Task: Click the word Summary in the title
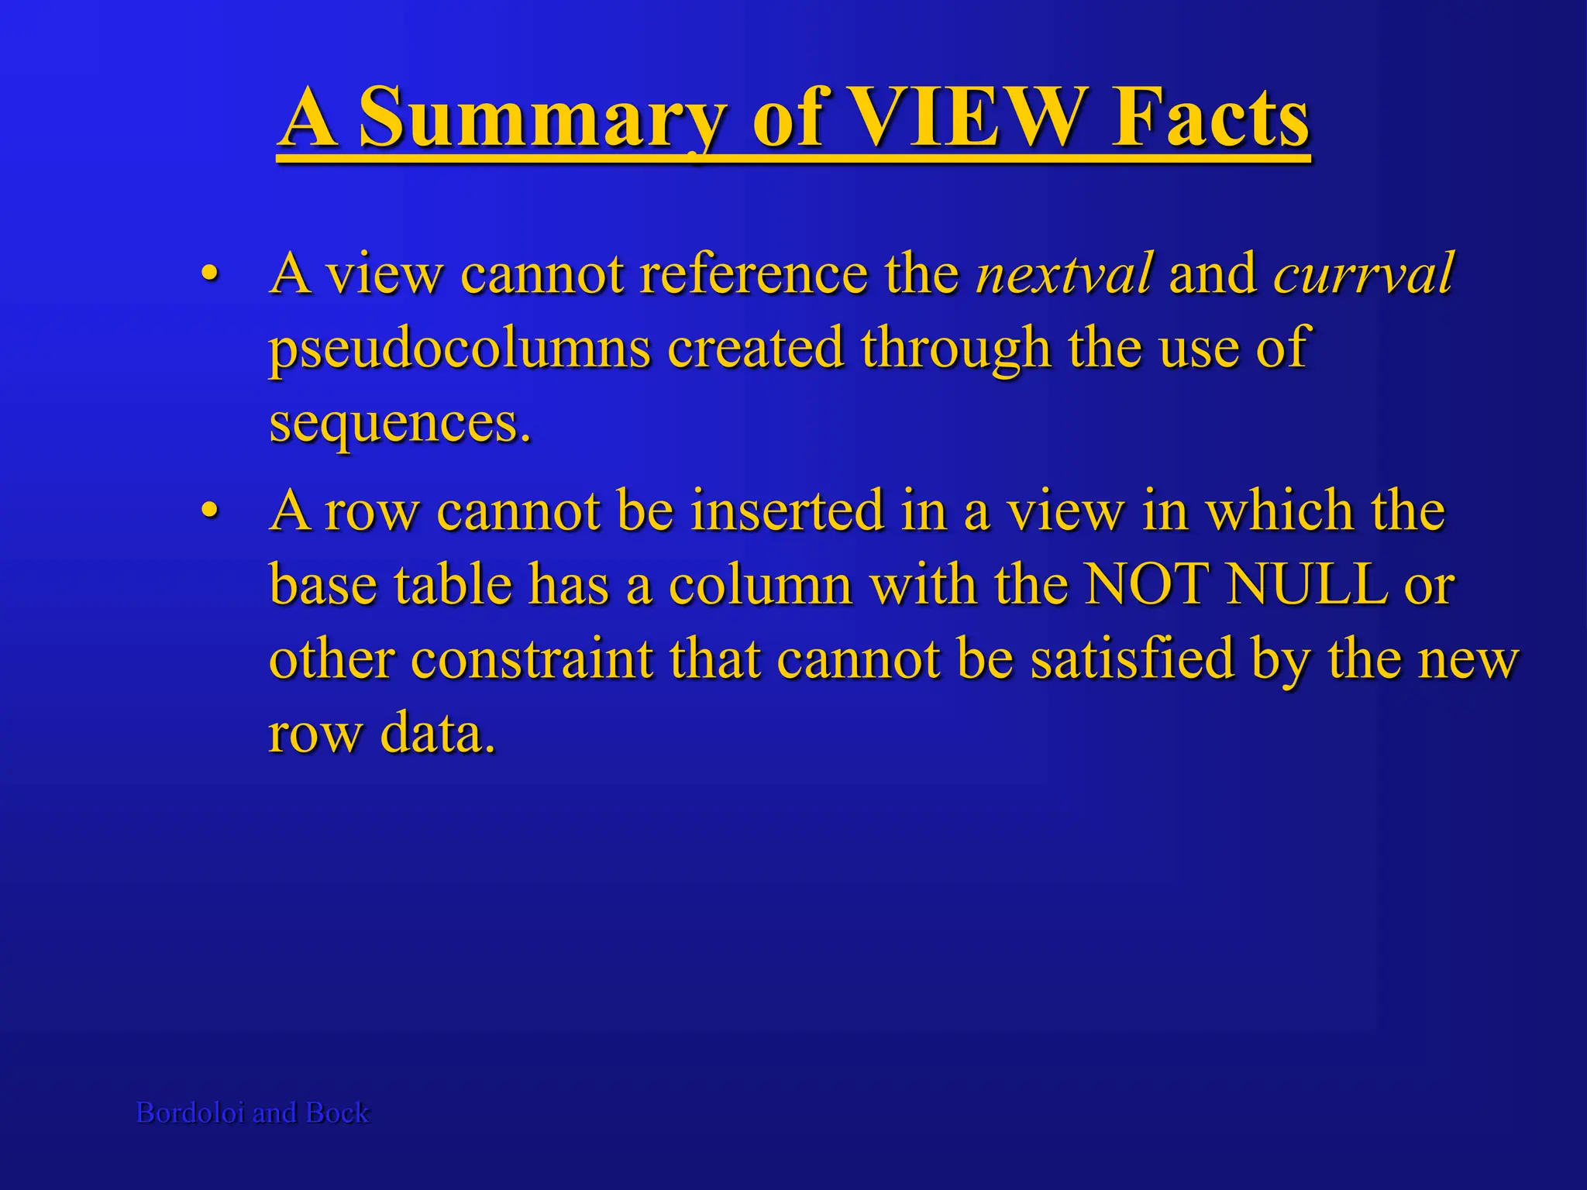click(x=543, y=118)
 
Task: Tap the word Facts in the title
click(x=1210, y=118)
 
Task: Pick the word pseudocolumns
click(x=460, y=349)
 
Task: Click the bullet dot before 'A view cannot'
click(x=208, y=275)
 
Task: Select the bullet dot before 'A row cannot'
click(x=208, y=512)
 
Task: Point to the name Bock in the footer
click(x=338, y=1113)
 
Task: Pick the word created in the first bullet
click(x=755, y=349)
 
